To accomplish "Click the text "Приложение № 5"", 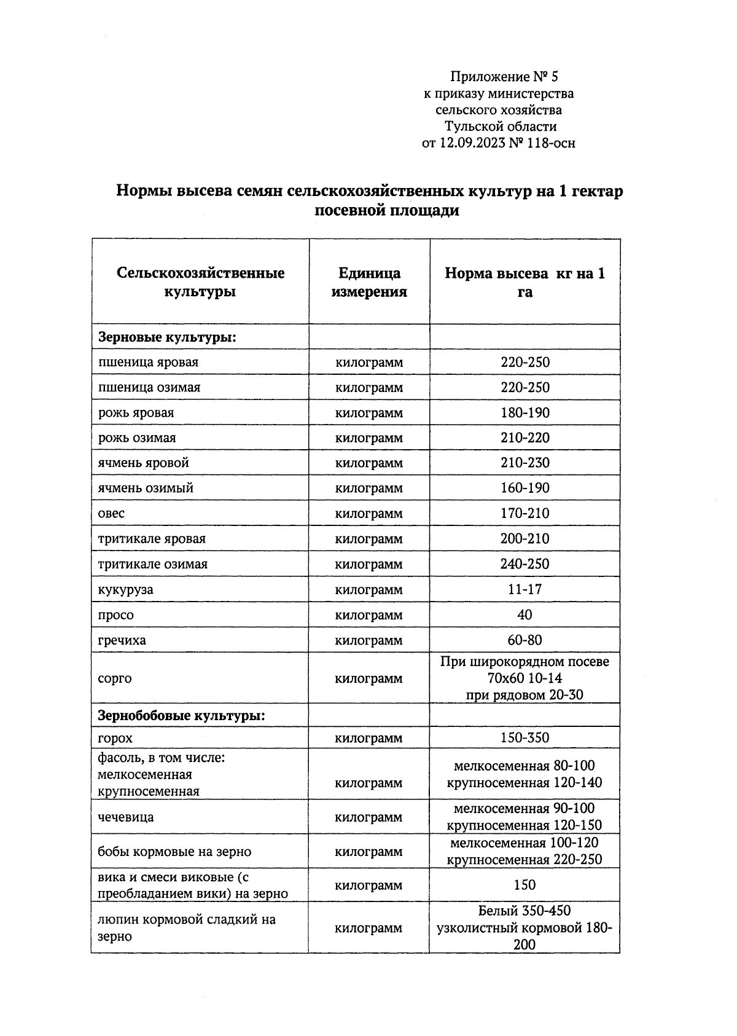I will (x=504, y=77).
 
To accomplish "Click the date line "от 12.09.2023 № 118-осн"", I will (x=499, y=144).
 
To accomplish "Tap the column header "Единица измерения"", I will (x=369, y=282).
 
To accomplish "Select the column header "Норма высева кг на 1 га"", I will (x=524, y=282).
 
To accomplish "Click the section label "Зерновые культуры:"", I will (x=168, y=337).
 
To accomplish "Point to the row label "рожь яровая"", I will (x=136, y=413).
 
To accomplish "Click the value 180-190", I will (x=524, y=413).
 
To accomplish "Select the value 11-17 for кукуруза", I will (x=524, y=589).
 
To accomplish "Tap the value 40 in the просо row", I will (x=524, y=614).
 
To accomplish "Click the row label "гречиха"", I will (x=122, y=640).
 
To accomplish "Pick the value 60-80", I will (x=524, y=640).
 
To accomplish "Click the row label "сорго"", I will (x=115, y=678).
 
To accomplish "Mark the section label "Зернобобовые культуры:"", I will (x=182, y=716).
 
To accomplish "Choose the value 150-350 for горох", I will (x=524, y=738).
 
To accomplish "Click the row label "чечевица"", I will (x=126, y=817).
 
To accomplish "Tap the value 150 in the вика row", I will (x=524, y=885).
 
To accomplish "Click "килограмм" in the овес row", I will (x=369, y=514).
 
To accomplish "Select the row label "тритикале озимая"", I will (x=153, y=564).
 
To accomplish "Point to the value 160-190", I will (x=524, y=488).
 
